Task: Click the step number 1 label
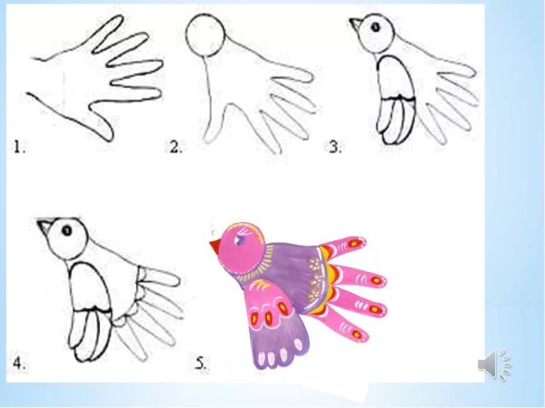19,147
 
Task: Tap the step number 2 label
175,147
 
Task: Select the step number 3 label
335,147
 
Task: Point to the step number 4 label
19,364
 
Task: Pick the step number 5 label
201,364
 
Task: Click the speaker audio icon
495,364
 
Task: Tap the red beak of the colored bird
214,247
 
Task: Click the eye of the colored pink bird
239,239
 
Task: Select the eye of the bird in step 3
375,27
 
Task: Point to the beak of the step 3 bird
355,24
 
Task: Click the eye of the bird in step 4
66,230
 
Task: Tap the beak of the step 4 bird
45,226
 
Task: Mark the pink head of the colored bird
241,248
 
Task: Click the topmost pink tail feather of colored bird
344,246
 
